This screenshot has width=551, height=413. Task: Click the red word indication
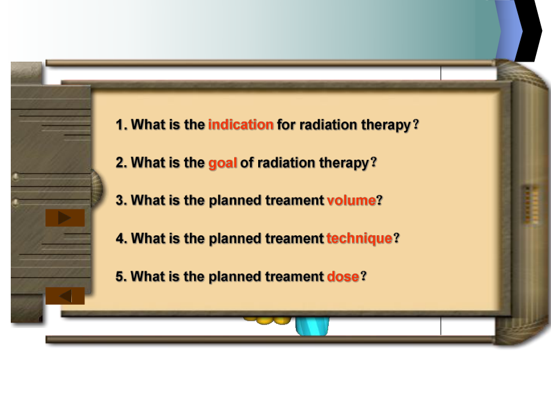point(241,124)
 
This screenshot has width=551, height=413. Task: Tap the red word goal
point(222,163)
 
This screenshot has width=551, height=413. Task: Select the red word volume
point(352,200)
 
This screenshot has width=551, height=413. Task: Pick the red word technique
point(359,238)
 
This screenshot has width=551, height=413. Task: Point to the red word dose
point(343,277)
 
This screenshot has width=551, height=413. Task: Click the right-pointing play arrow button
point(65,218)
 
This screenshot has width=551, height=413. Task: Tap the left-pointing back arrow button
point(65,296)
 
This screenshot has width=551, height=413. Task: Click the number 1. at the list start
point(122,124)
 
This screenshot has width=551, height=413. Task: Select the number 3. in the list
point(122,200)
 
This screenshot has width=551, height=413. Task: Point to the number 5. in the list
point(122,277)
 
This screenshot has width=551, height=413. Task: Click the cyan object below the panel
point(312,326)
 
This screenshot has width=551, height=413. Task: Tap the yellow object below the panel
point(268,320)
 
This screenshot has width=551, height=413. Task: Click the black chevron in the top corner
point(529,31)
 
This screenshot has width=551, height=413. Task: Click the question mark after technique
point(396,238)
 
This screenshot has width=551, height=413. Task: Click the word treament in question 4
point(295,238)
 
